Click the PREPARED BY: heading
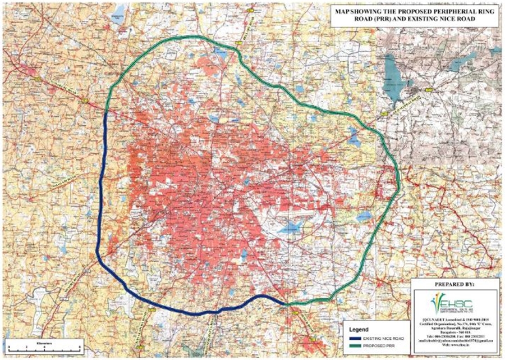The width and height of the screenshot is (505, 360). [454, 285]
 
